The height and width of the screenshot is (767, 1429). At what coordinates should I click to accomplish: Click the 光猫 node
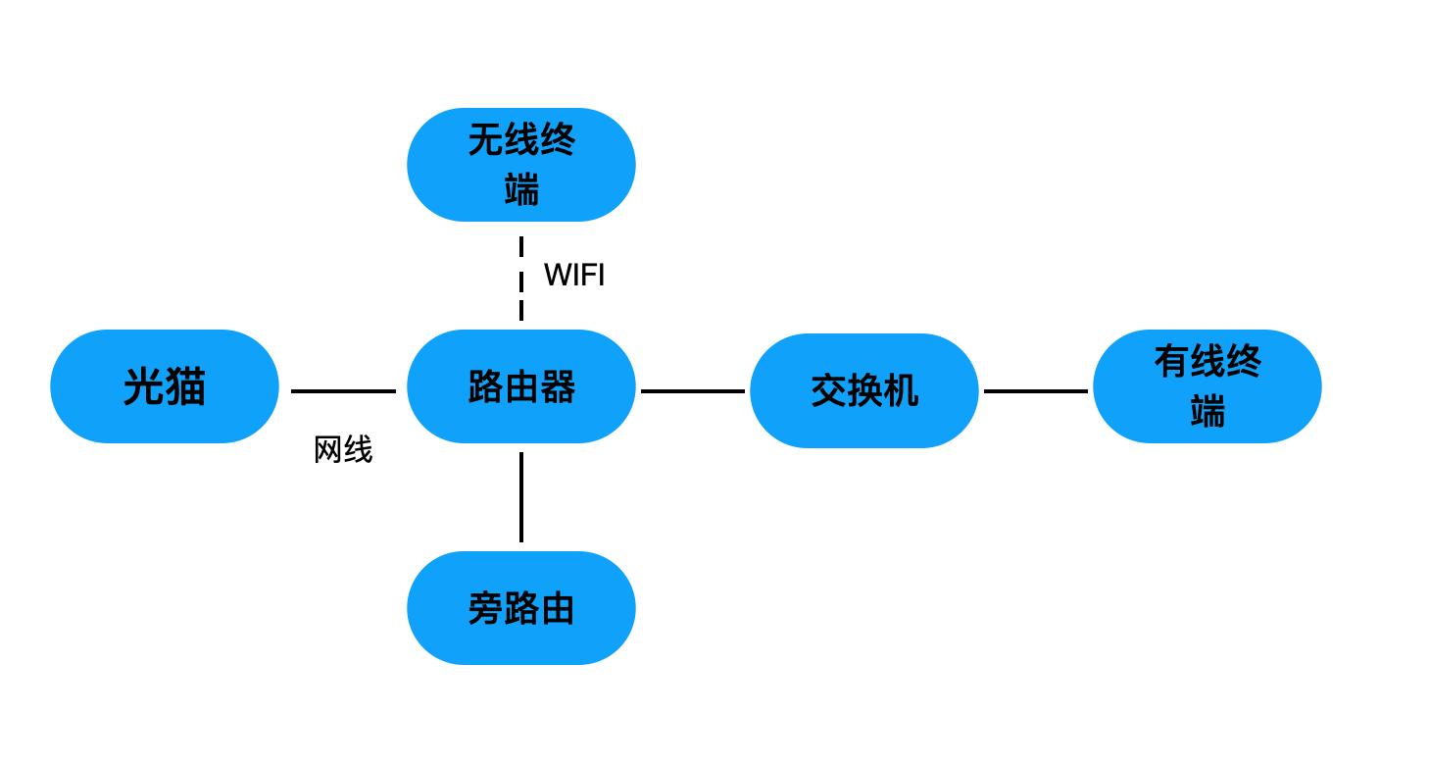tap(165, 386)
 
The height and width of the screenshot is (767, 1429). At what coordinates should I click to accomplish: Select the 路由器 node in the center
tap(520, 386)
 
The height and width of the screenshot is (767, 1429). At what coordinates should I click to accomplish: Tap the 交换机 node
tap(863, 390)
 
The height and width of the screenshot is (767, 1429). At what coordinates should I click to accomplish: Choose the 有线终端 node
tap(1207, 386)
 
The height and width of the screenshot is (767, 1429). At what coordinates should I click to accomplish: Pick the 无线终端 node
tap(520, 165)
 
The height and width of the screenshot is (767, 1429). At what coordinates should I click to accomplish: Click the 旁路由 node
tap(520, 608)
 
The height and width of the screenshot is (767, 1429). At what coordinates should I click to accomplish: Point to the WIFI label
tap(574, 276)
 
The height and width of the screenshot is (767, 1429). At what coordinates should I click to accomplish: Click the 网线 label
tap(343, 450)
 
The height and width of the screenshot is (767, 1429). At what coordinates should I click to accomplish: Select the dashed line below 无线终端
tap(520, 279)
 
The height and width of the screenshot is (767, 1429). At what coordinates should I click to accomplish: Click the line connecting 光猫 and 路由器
tap(343, 391)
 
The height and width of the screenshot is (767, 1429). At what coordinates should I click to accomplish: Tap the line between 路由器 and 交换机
tap(692, 391)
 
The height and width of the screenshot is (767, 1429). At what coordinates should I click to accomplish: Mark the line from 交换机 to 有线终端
tap(1035, 391)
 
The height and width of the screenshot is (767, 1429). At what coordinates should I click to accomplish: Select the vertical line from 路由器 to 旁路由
tap(520, 497)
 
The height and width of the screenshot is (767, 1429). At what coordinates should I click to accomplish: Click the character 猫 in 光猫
tap(185, 386)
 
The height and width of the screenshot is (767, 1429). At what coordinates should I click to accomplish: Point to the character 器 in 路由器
tap(557, 387)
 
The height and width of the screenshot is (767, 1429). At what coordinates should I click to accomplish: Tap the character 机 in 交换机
tap(900, 391)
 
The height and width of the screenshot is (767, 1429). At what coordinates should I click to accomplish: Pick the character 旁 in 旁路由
tap(485, 609)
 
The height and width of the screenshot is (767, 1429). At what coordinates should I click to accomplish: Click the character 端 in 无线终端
tap(521, 189)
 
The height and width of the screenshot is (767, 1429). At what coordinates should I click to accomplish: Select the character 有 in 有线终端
tap(1171, 362)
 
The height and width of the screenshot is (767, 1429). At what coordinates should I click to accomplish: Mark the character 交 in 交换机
tap(828, 391)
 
